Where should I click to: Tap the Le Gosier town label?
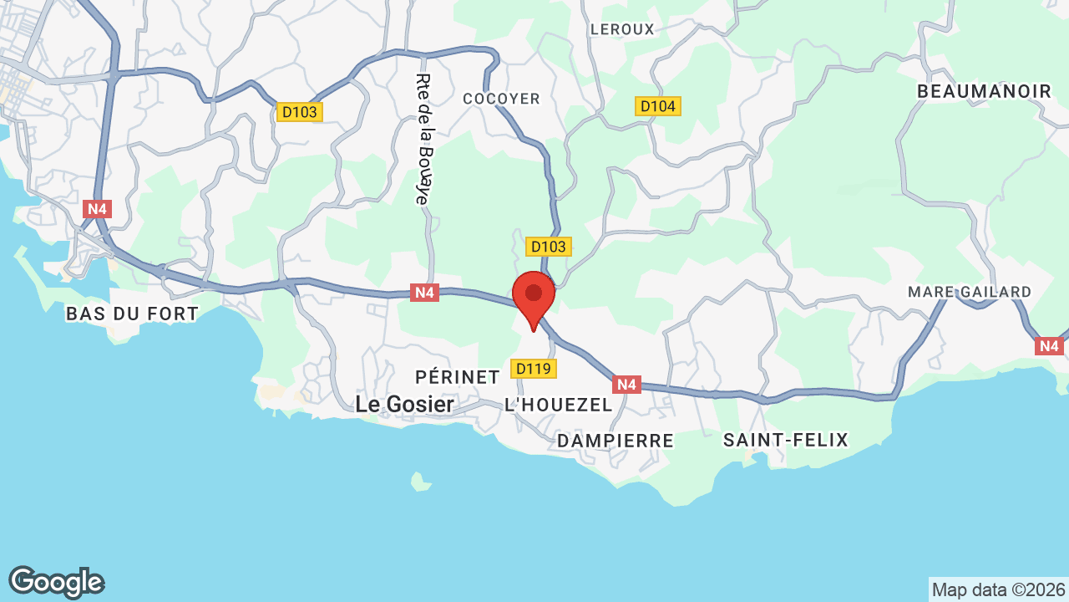coord(404,405)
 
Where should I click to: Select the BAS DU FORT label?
coord(132,314)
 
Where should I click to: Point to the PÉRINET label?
coord(458,377)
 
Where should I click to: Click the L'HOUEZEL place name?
coord(558,405)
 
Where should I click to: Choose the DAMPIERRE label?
coord(616,441)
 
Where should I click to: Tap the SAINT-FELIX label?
coord(786,440)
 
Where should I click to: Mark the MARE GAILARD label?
coord(970,292)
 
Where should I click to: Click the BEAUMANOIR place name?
coord(985,92)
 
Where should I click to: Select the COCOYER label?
coord(502,99)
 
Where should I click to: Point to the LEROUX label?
coord(622,29)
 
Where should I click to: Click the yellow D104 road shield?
coord(658,106)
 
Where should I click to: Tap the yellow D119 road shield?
coord(534,369)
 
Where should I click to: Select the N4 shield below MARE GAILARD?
coord(1049,345)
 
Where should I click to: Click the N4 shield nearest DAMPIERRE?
coord(626,385)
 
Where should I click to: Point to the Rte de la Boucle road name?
coord(423,139)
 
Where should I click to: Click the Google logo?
coord(56,582)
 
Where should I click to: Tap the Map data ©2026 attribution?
coord(999,589)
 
